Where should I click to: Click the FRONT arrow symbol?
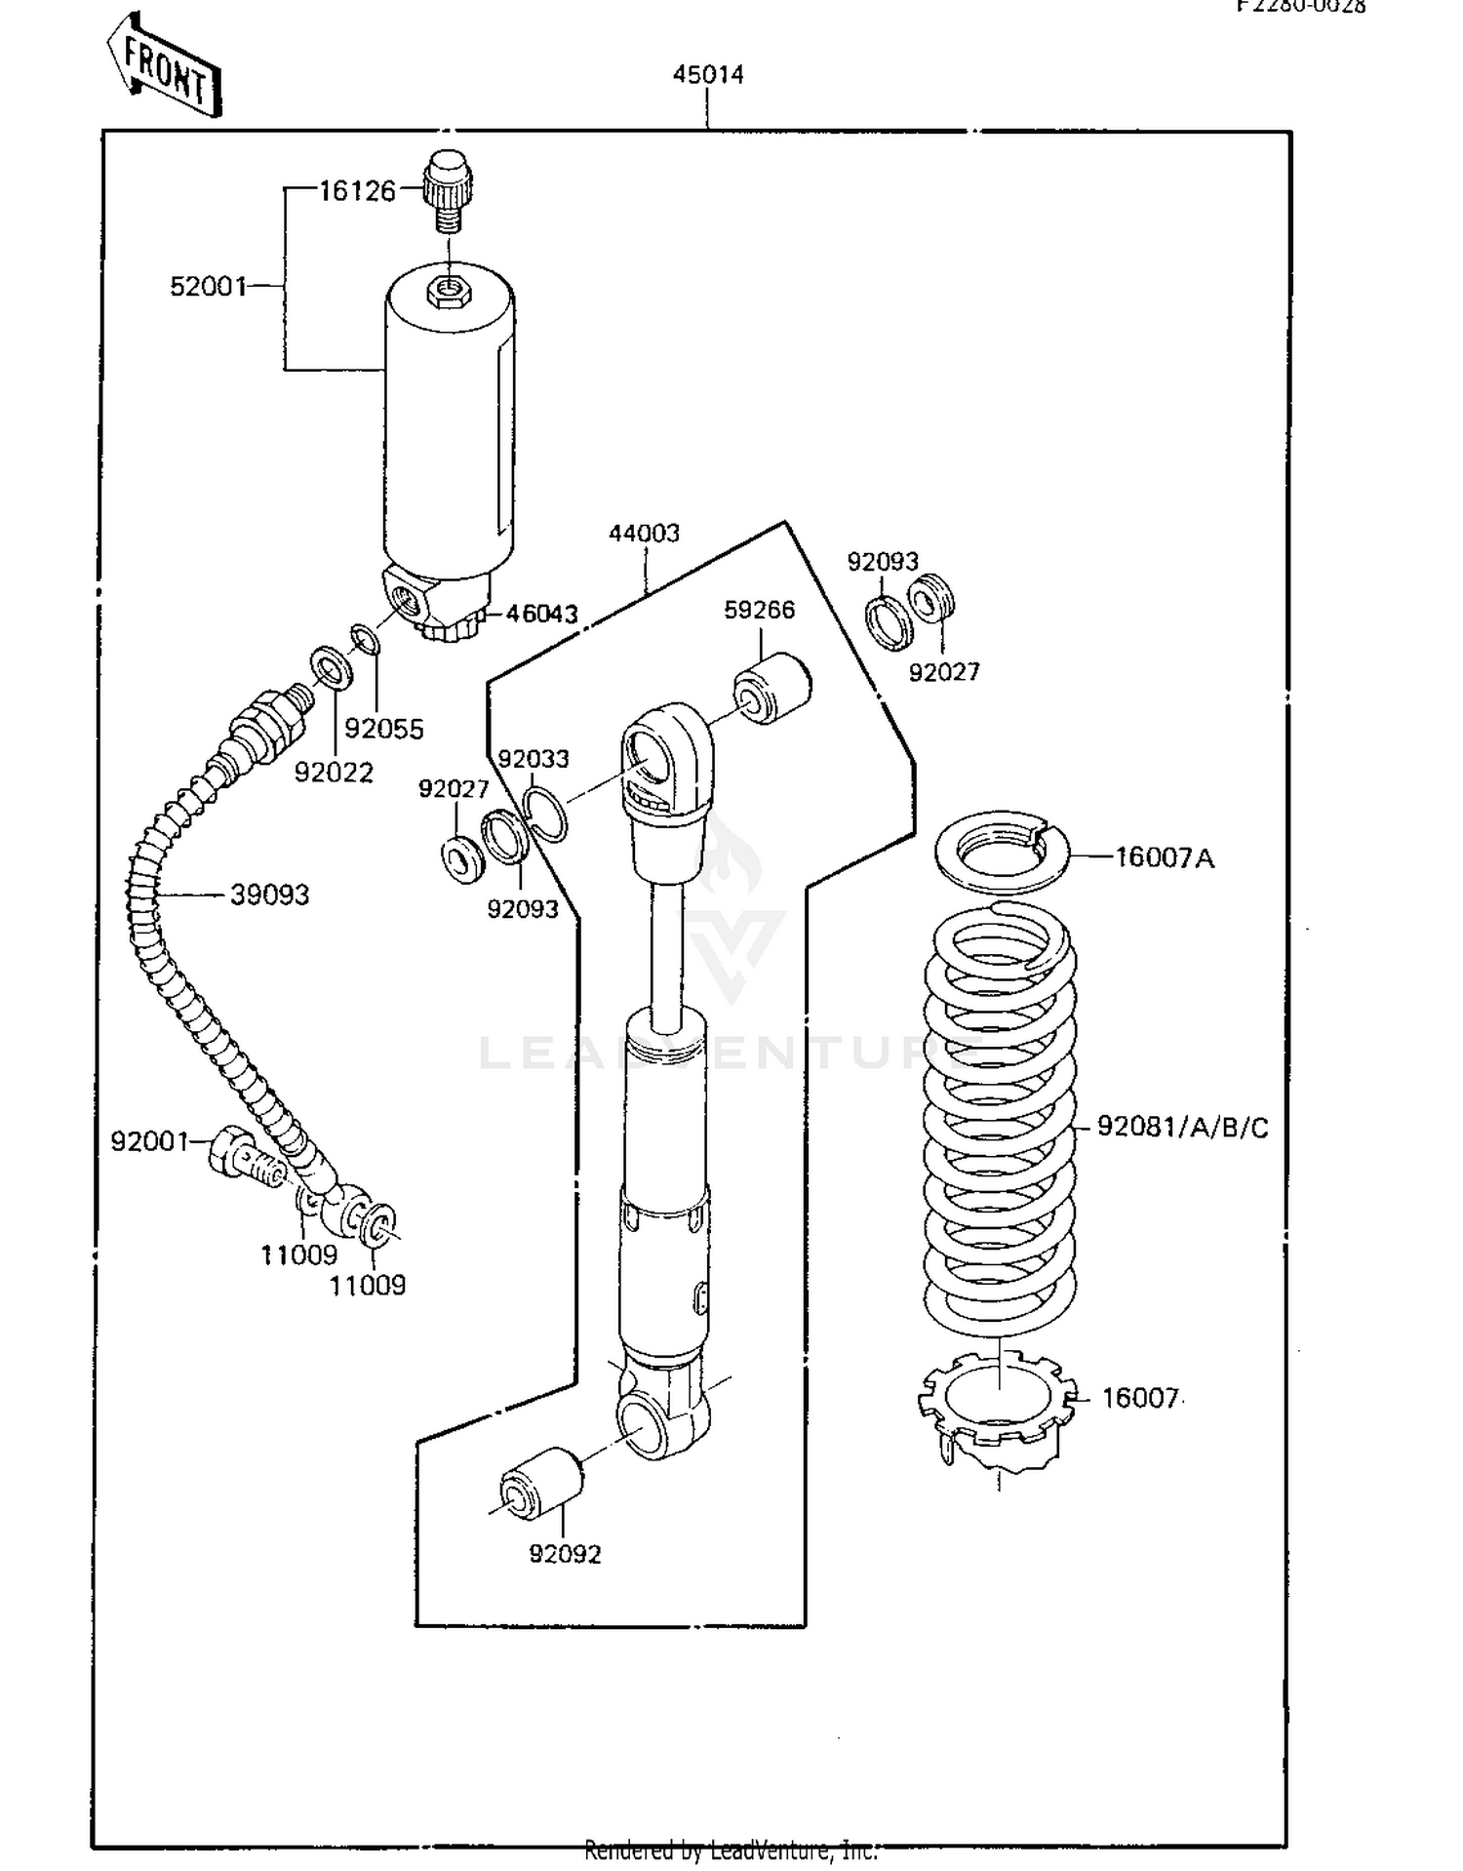pyautogui.click(x=164, y=67)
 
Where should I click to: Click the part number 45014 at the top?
pyautogui.click(x=708, y=75)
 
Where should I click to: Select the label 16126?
pyautogui.click(x=357, y=191)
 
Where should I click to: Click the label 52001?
pyautogui.click(x=208, y=287)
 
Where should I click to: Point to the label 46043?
pyautogui.click(x=541, y=614)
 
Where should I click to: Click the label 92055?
pyautogui.click(x=384, y=729)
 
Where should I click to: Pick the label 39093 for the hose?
pyautogui.click(x=269, y=895)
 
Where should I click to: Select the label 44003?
pyautogui.click(x=644, y=534)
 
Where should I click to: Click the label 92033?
pyautogui.click(x=534, y=759)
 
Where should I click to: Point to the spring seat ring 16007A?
pyautogui.click(x=1002, y=853)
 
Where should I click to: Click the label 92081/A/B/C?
pyautogui.click(x=1183, y=1128)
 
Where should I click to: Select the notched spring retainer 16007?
pyautogui.click(x=997, y=1405)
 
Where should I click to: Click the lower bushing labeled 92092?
pyautogui.click(x=541, y=1483)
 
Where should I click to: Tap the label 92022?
pyautogui.click(x=334, y=773)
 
